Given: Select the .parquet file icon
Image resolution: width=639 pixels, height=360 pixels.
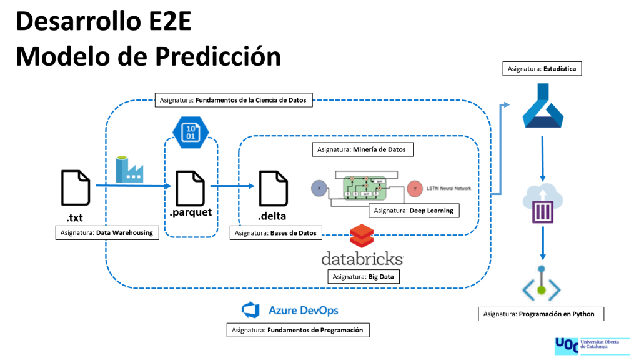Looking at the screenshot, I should (x=190, y=186).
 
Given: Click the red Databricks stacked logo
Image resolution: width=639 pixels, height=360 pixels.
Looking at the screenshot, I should (x=362, y=237).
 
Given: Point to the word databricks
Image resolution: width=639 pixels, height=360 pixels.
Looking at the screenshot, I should (x=362, y=258).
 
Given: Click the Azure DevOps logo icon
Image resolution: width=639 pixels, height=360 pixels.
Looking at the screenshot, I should (x=250, y=310).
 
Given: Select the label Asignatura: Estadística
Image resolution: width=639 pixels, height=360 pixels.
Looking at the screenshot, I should (x=542, y=69).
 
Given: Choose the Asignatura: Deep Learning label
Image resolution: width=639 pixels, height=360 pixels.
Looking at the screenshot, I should (x=414, y=211).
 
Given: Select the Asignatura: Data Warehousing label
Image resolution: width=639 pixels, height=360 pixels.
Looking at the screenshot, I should (x=106, y=232).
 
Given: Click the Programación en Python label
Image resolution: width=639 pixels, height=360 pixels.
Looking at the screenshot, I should (x=541, y=314).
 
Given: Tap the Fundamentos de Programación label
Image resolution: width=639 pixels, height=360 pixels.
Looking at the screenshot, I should (x=297, y=329).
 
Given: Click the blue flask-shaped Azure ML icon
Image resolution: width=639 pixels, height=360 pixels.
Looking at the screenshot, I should (x=542, y=111).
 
